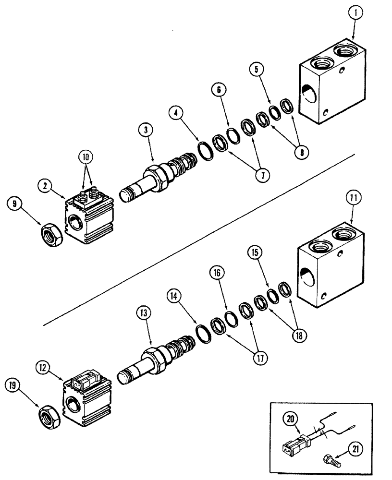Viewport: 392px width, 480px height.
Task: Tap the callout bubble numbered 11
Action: click(x=353, y=198)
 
